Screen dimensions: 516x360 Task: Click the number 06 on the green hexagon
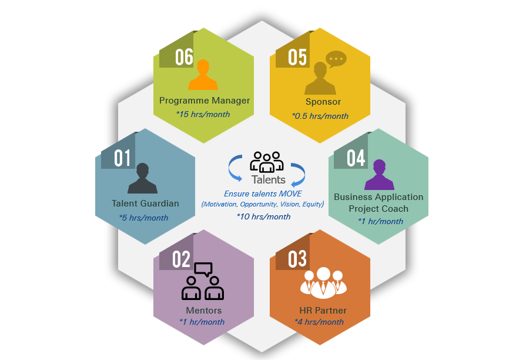pos(184,57)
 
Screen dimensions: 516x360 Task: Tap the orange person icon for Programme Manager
pos(203,75)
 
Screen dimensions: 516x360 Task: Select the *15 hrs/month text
pos(203,114)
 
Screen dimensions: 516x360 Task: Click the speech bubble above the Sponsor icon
pos(336,59)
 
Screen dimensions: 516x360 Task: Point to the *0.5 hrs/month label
pos(320,116)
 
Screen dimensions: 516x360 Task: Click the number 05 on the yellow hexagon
pos(297,57)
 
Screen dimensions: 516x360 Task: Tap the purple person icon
pos(379,175)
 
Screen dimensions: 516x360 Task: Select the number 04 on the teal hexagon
pos(356,158)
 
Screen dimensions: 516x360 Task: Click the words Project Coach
pos(378,209)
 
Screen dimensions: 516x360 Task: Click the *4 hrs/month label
pos(319,322)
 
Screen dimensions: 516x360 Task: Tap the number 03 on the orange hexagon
pos(297,259)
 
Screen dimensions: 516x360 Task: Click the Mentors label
pos(204,310)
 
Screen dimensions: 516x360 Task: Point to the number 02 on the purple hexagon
pos(182,259)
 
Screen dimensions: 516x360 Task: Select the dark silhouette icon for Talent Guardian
pos(142,178)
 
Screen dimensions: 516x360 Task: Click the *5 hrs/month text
pos(144,218)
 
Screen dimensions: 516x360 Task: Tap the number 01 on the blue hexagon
pos(122,158)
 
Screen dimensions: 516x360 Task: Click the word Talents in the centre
pos(269,179)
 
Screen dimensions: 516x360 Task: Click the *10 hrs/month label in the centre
pos(264,216)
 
